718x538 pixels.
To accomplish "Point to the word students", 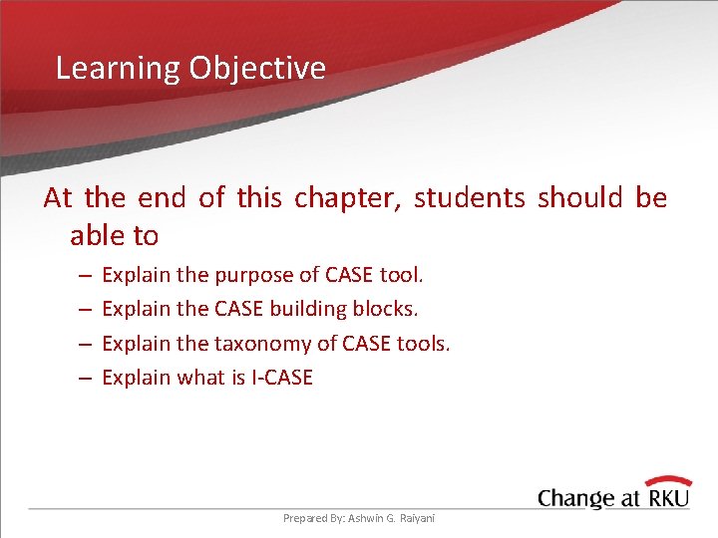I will (469, 198).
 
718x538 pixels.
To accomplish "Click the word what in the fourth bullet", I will (202, 378).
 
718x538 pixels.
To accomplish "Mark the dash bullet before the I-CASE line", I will (85, 379).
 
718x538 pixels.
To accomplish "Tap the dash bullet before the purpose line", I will (85, 276).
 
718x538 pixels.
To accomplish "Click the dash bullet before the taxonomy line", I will (85, 345).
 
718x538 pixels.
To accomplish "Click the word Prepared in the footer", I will (304, 518).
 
